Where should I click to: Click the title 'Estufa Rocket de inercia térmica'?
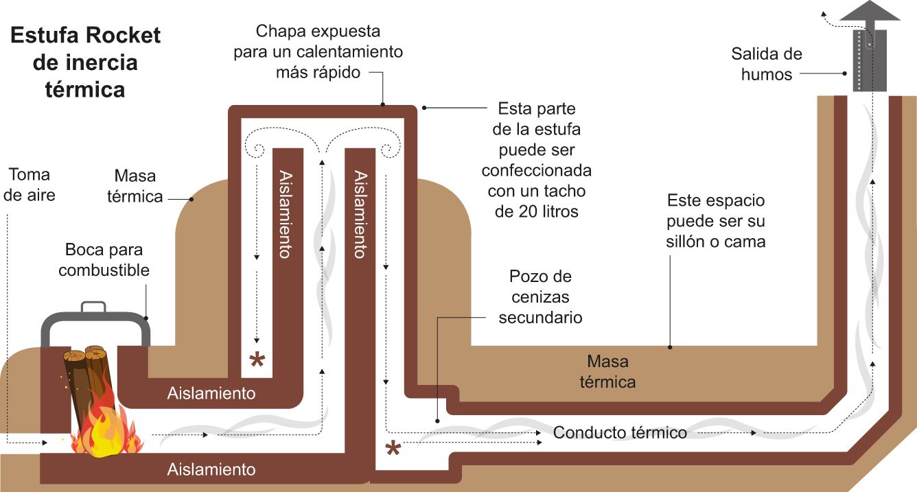coord(85,62)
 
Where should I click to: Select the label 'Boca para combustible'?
coord(104,260)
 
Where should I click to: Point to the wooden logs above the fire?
coord(88,374)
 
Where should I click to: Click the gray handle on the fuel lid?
coord(93,307)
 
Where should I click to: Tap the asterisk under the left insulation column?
coord(257,360)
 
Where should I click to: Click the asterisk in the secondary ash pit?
coord(393,449)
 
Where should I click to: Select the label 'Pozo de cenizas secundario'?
coord(540,297)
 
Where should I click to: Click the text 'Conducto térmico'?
coord(620,433)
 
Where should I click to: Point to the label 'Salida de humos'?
coord(767,64)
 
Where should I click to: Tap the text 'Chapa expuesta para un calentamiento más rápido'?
coord(318,51)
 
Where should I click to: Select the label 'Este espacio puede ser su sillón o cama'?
coord(716,221)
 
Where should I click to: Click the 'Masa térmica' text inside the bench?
coord(607,371)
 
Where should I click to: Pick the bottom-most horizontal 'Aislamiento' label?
coord(211,470)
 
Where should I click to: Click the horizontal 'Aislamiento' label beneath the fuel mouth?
coord(211,394)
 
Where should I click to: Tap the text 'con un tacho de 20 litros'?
coord(536,202)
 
